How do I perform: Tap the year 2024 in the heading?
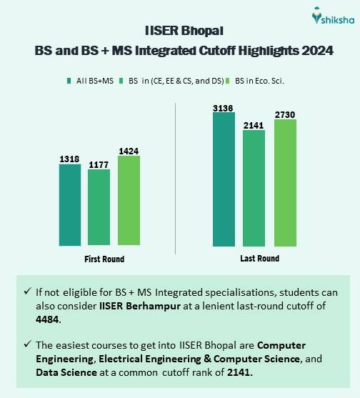[x=318, y=51]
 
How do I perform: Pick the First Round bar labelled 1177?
[x=99, y=208]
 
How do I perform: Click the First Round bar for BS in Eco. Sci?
[x=129, y=201]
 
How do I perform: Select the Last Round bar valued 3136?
[x=224, y=179]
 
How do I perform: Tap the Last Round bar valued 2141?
[x=254, y=188]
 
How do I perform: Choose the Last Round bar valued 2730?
[x=285, y=183]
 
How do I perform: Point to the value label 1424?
[x=129, y=151]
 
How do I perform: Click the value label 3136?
[x=224, y=108]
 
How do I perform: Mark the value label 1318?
[x=69, y=159]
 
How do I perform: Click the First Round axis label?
[x=103, y=259]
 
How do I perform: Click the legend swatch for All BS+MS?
[x=69, y=81]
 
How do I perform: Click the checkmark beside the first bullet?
[x=27, y=292]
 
